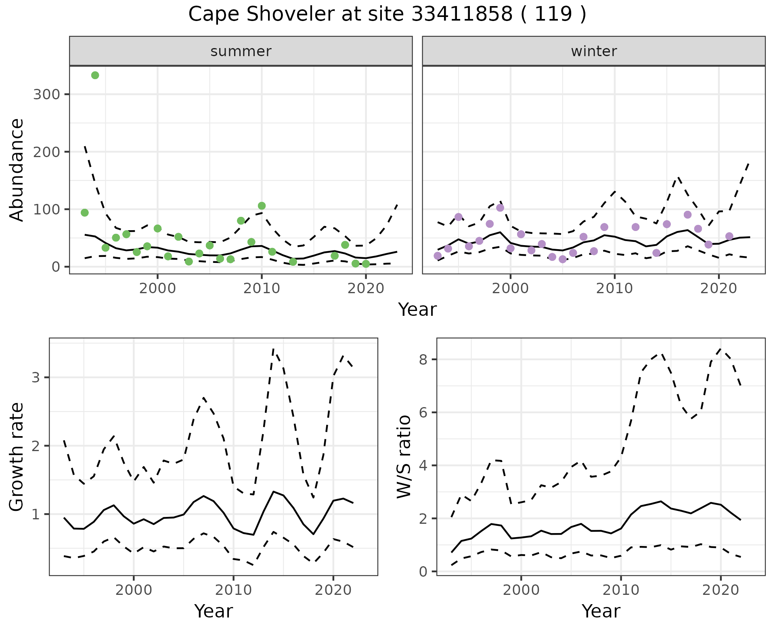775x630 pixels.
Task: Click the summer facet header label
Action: coord(241,51)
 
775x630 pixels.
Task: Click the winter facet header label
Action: coord(594,51)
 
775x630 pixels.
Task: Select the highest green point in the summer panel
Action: coord(95,76)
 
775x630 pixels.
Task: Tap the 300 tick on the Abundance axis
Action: coord(46,94)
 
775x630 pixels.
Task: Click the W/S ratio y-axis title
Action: coord(404,456)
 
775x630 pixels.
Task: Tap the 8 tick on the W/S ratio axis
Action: coord(423,359)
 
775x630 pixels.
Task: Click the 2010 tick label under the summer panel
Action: coord(262,289)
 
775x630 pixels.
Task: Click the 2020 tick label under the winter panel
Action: coord(718,289)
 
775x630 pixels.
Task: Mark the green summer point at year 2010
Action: coord(262,206)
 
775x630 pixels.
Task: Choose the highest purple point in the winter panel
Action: coord(500,208)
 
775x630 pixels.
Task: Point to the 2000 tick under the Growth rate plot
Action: coord(134,590)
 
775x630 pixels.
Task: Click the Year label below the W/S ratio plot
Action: coord(601,611)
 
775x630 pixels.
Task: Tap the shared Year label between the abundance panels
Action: coord(417,310)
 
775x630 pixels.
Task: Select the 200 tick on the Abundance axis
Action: coord(46,152)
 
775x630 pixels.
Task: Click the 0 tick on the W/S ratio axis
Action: coord(423,571)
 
